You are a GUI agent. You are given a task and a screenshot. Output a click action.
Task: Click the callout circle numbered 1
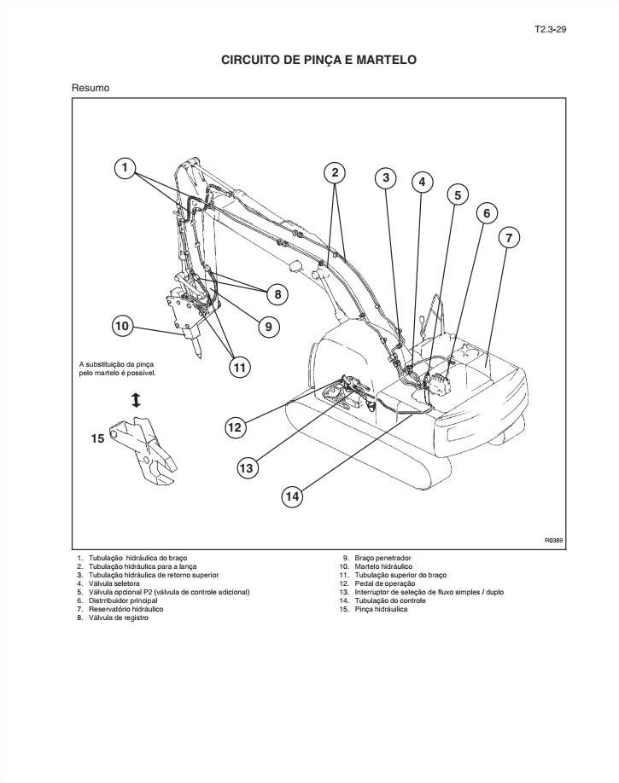125,167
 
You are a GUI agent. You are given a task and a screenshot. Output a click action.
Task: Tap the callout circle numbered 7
509,238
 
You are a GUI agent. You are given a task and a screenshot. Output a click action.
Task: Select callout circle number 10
122,327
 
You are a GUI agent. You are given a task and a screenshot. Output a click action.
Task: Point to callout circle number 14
292,496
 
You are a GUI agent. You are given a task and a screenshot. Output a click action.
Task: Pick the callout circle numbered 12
235,427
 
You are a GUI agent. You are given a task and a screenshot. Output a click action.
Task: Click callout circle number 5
458,194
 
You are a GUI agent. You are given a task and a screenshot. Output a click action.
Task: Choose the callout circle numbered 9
269,327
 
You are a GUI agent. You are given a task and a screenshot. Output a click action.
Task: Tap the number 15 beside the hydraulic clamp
97,438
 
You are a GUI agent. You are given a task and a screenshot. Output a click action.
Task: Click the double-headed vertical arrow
136,400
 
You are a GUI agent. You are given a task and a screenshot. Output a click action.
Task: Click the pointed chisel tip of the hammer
199,357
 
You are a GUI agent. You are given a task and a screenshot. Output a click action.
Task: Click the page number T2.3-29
550,29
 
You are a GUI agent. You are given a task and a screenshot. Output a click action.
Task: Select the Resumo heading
91,88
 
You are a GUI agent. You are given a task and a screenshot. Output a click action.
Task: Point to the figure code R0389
553,540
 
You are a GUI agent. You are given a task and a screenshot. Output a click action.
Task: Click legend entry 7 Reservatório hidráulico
120,609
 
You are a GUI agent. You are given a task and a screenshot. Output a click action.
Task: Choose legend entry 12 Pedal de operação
377,583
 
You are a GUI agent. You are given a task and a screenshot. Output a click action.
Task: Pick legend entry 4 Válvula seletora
108,583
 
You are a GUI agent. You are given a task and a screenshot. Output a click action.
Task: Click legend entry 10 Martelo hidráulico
376,566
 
